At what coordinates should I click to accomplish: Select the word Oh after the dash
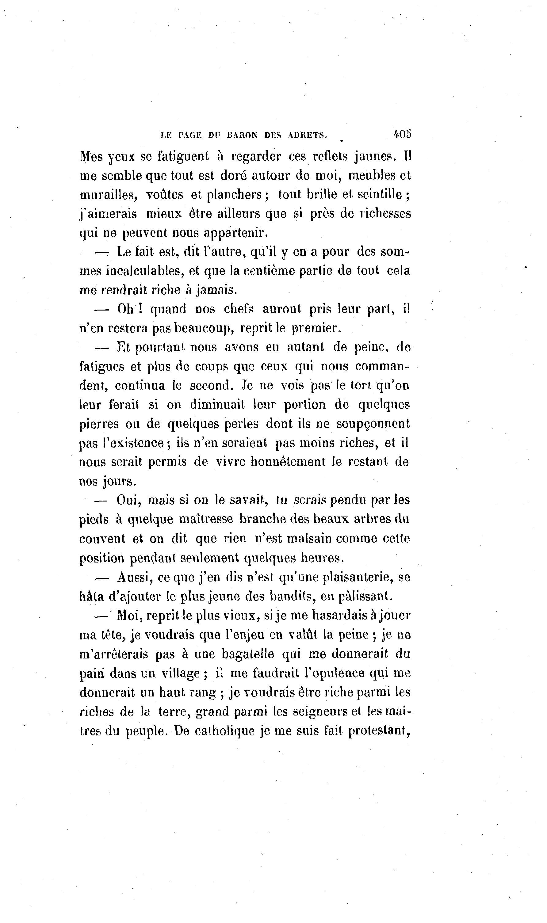coord(125,309)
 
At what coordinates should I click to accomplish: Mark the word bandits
coord(292,596)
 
